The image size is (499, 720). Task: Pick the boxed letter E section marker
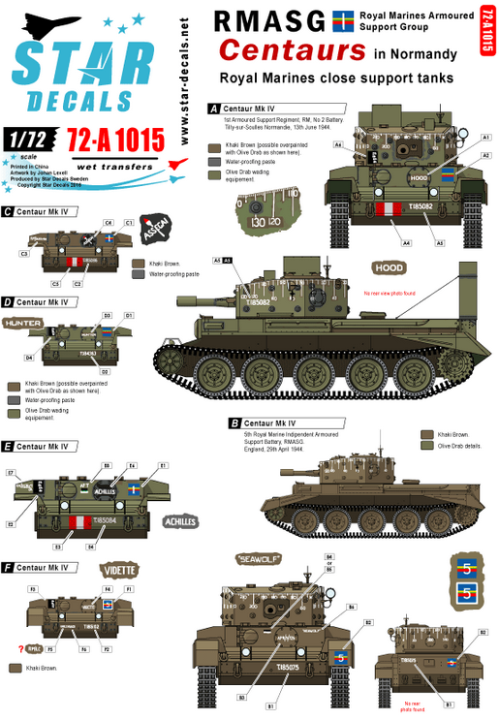click(8, 446)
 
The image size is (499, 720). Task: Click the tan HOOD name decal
click(390, 266)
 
